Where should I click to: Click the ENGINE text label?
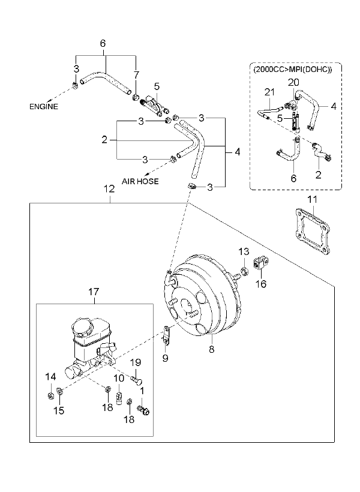tap(44, 107)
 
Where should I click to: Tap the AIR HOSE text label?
tap(140, 181)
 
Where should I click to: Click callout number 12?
tap(109, 189)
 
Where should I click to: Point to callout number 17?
tap(94, 292)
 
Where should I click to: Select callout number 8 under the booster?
tap(212, 349)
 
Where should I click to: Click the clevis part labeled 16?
tap(261, 263)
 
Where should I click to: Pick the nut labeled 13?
tap(244, 271)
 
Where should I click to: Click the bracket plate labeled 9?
tap(166, 336)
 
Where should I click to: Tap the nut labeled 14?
tap(50, 396)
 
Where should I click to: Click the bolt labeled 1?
tap(143, 409)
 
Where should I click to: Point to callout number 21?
tap(269, 92)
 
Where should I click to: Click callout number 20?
tap(293, 83)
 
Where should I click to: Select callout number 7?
tap(136, 76)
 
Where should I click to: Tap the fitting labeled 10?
tap(119, 398)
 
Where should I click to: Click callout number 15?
tap(59, 410)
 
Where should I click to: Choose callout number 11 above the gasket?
tap(312, 200)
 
